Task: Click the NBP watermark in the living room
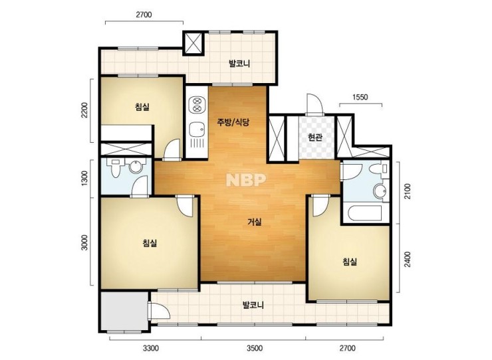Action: pos(246,180)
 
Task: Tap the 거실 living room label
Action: pos(255,222)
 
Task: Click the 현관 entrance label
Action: pos(315,137)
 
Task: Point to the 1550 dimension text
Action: pos(360,97)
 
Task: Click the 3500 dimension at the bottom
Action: pos(255,348)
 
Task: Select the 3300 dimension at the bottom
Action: pos(151,348)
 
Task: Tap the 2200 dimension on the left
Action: pos(84,110)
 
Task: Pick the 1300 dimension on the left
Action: pos(84,179)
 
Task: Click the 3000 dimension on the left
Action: pos(84,242)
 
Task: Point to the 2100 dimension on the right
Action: pos(408,191)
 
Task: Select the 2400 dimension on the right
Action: pos(408,259)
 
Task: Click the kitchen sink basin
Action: pos(197,129)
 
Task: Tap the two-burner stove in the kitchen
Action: pos(197,105)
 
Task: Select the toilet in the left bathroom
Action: pos(115,167)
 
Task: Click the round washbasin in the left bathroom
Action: pos(135,167)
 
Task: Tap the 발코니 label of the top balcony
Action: pos(239,64)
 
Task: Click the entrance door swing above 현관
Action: pos(314,104)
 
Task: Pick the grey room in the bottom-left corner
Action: pos(124,311)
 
